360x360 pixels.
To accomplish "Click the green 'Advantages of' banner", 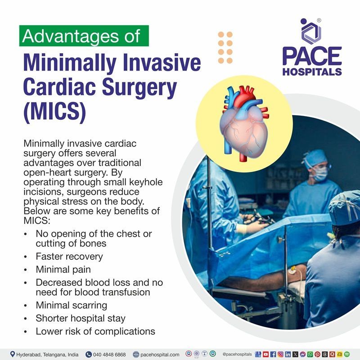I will (84, 36).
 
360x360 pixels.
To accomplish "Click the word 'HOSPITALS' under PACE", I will (312, 72).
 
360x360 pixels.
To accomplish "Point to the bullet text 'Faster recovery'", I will (69, 256).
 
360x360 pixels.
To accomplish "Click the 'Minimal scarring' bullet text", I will (71, 305).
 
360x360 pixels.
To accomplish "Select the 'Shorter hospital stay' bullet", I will (81, 318).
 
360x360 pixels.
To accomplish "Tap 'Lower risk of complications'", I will (95, 331).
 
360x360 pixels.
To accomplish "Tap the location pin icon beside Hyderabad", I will (12, 354).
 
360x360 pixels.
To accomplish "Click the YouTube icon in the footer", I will (265, 354).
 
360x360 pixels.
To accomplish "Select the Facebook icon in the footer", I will (273, 354).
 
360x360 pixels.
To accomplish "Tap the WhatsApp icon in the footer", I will (310, 354).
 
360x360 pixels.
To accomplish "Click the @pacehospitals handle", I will (237, 354).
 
